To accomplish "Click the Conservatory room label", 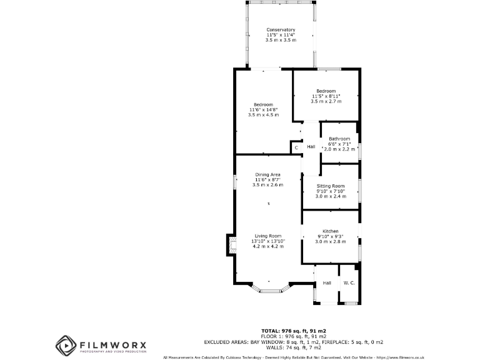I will pos(280,30).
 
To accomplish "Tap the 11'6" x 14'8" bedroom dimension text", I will pos(262,109).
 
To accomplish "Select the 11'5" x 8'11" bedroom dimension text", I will pos(326,96).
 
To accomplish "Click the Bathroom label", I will pos(339,139).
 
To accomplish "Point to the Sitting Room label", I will pos(330,186).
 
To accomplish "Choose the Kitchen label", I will pos(330,231).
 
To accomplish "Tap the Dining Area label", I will pos(267,174).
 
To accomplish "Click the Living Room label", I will pos(267,236).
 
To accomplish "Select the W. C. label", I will pos(348,284).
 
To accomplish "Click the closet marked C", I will pos(296,147).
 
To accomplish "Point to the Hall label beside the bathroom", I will pos(311,147).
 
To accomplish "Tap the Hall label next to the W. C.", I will pos(326,284).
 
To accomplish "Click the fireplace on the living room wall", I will pos(231,246).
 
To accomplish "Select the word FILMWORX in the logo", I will pos(112,344).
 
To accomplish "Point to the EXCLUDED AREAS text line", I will pos(294,342).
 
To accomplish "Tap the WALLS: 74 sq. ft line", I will pos(294,348).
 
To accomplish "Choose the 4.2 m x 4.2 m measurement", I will pos(267,246).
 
